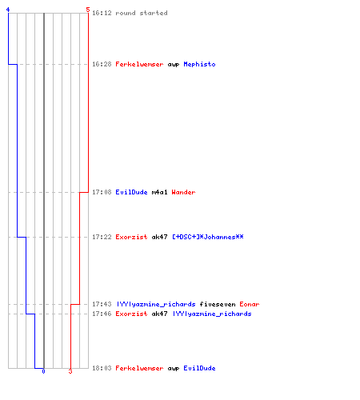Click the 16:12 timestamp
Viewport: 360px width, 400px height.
click(x=102, y=13)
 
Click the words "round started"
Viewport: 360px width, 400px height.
click(x=142, y=13)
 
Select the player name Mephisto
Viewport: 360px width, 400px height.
click(x=199, y=64)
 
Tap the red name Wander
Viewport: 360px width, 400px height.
click(x=183, y=192)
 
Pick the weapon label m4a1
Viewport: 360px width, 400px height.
click(x=159, y=192)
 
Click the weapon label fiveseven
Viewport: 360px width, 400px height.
click(x=218, y=304)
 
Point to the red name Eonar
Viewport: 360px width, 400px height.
click(x=250, y=304)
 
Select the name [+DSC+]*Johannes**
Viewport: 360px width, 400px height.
click(x=208, y=237)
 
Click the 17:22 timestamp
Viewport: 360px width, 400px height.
click(x=102, y=237)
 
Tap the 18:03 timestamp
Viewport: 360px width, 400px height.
click(x=102, y=368)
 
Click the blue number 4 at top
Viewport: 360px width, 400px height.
click(x=8, y=10)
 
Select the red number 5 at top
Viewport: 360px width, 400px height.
click(x=88, y=10)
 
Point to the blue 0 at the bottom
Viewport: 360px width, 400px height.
click(x=43, y=371)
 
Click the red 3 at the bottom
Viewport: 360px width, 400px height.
click(x=70, y=371)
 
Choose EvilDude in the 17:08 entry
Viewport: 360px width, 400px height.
click(x=131, y=192)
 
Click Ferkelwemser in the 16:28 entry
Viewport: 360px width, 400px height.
click(x=139, y=64)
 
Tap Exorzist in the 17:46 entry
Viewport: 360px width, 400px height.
click(x=131, y=314)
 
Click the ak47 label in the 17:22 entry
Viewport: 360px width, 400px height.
click(x=159, y=237)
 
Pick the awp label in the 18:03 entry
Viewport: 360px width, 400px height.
click(x=174, y=368)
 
